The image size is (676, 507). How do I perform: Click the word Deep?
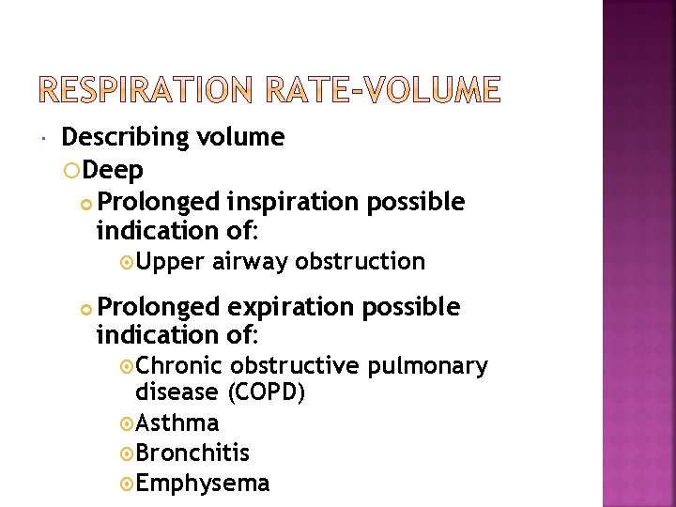[x=114, y=171]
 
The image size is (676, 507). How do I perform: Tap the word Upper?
[x=170, y=262]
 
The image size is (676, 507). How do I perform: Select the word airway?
[x=250, y=262]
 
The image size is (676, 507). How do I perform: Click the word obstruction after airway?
[x=360, y=262]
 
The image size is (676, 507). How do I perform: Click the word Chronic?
[x=178, y=366]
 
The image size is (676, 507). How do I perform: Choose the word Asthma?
[x=177, y=423]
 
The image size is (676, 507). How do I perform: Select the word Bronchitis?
[x=192, y=453]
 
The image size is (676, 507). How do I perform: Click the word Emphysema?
[x=202, y=484]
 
